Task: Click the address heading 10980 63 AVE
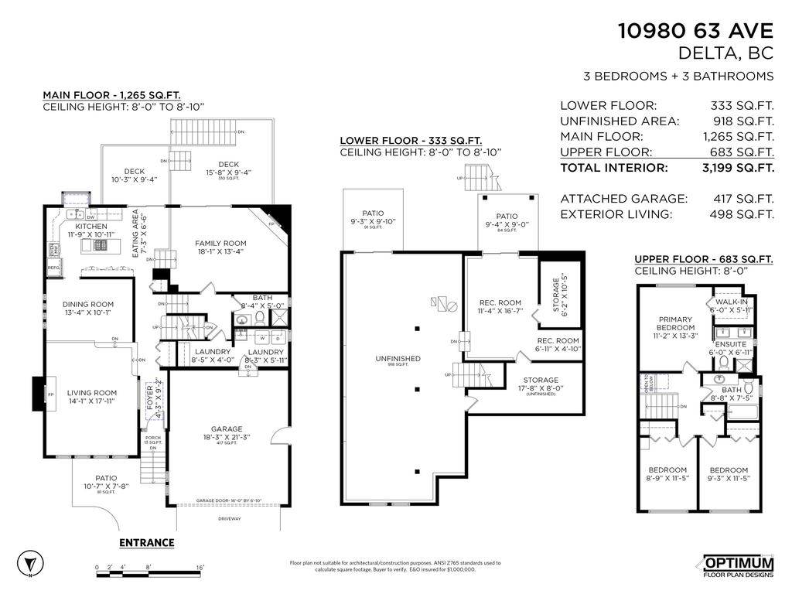[x=695, y=31]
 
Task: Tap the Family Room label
[x=220, y=244]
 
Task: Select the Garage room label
[x=227, y=428]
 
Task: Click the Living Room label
[x=90, y=393]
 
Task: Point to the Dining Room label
[x=88, y=305]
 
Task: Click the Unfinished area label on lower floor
[x=398, y=359]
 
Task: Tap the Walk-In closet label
[x=731, y=302]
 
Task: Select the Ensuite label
[x=731, y=343]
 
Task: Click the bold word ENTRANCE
[x=146, y=543]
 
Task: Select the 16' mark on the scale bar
[x=200, y=568]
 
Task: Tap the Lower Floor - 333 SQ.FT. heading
[x=411, y=141]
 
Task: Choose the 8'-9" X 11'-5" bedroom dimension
[x=667, y=480]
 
